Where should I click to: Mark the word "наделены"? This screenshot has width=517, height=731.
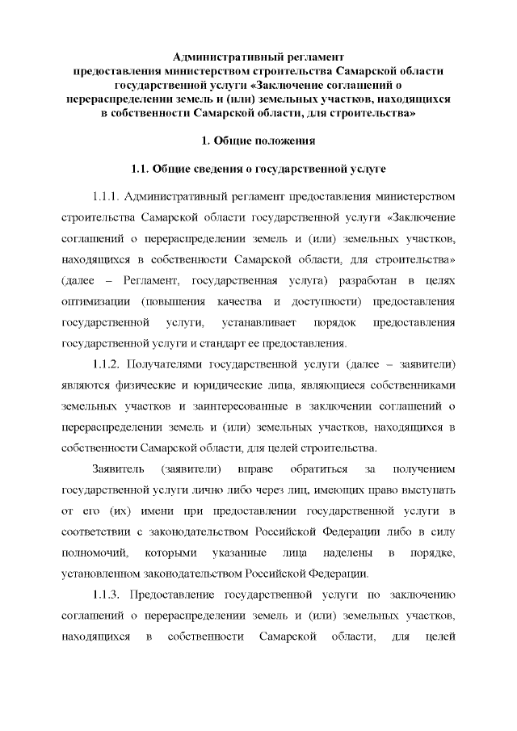347,553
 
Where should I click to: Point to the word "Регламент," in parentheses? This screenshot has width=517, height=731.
146,280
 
